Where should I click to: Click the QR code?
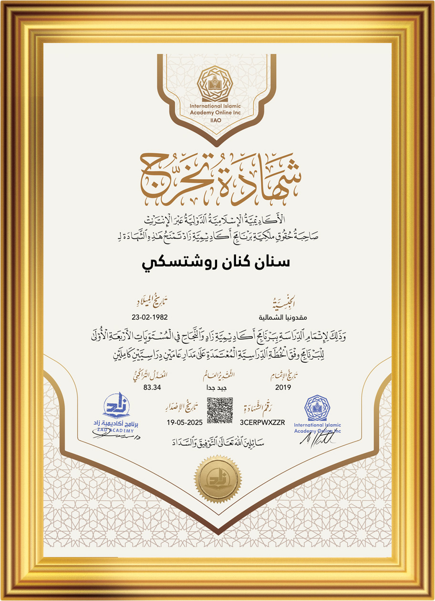pyautogui.click(x=220, y=409)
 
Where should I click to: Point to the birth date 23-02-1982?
pyautogui.click(x=150, y=316)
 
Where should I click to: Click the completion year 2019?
pyautogui.click(x=283, y=387)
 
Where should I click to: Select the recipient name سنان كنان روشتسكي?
pyautogui.click(x=217, y=263)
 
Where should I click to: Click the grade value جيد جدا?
pyautogui.click(x=218, y=387)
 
